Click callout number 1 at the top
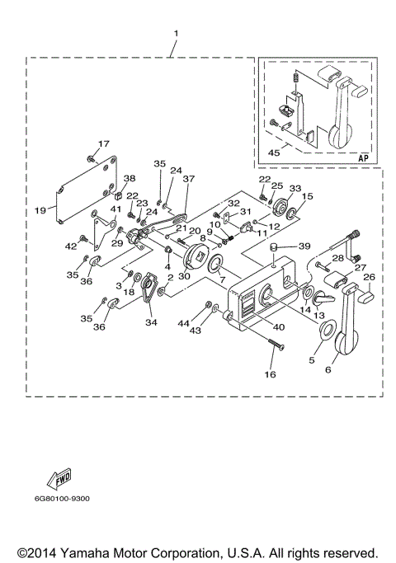pos(175,34)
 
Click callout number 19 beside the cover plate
pos(40,210)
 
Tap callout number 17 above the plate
pos(103,144)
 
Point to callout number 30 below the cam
pos(183,277)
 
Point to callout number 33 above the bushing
pos(295,188)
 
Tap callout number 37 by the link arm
pos(188,179)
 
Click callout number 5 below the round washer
pos(312,360)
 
